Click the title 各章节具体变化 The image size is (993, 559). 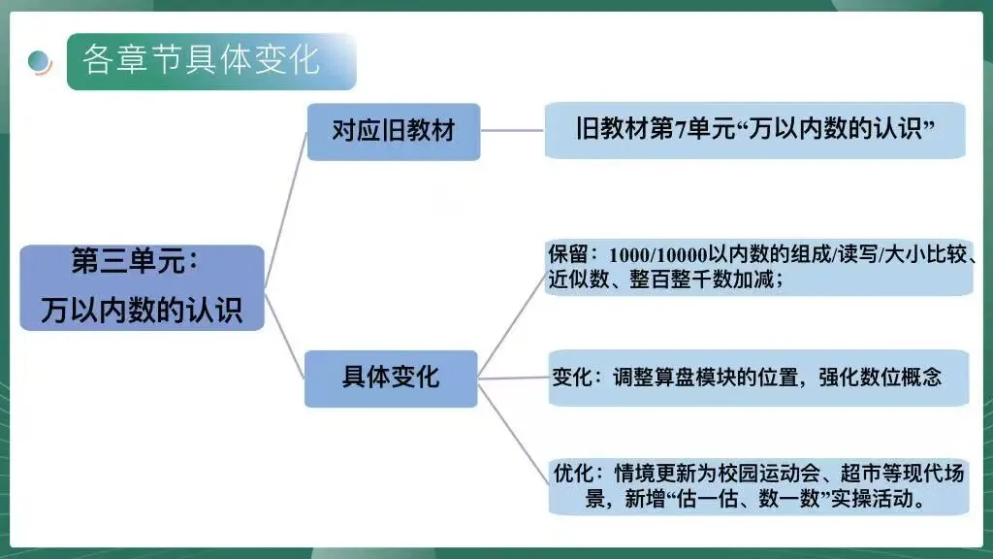(201, 60)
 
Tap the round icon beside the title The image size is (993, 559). (40, 61)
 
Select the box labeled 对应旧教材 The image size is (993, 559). (394, 131)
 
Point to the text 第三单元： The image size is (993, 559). (135, 261)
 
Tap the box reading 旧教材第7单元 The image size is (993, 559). (754, 130)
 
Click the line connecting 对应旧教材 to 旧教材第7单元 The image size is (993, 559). (512, 130)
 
